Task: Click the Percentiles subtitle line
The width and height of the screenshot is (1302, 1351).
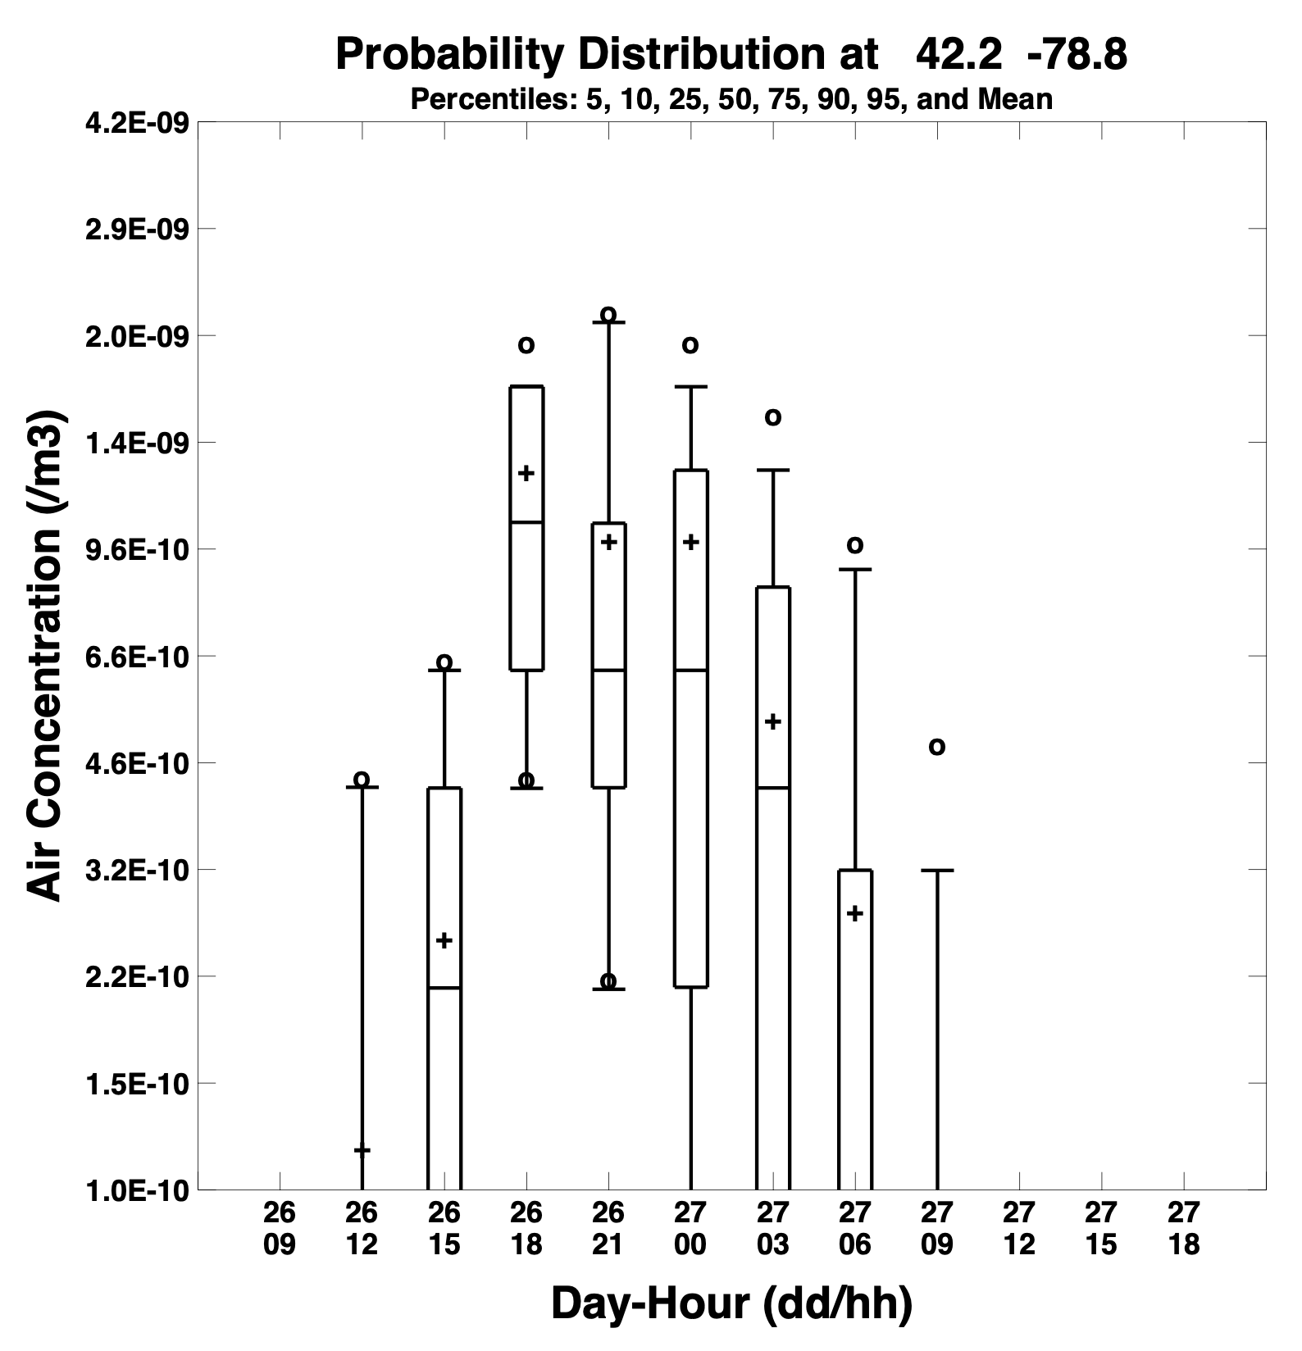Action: click(x=731, y=100)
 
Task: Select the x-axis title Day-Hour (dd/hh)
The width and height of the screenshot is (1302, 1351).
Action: click(x=731, y=1303)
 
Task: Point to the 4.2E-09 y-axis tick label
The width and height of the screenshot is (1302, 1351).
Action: click(x=137, y=123)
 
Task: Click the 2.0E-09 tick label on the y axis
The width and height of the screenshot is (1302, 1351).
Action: click(x=137, y=336)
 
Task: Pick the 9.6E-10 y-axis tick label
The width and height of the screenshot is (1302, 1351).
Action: click(x=137, y=549)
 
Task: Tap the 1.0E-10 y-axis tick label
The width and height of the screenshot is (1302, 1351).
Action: click(x=137, y=1190)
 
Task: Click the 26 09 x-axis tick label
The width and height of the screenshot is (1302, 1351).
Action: click(x=280, y=1228)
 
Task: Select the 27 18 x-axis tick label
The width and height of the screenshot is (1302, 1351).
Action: click(x=1183, y=1228)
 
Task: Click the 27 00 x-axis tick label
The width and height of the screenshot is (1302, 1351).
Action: click(x=690, y=1228)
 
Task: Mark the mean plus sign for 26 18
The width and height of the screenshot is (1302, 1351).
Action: click(x=526, y=473)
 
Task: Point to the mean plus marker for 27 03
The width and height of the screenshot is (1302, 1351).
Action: click(x=772, y=721)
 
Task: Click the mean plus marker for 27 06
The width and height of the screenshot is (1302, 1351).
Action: click(x=854, y=913)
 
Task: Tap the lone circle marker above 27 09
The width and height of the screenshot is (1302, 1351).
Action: click(x=936, y=747)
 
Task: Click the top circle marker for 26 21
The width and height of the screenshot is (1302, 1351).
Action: click(x=608, y=315)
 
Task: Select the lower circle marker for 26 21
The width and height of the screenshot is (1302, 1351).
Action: click(x=608, y=981)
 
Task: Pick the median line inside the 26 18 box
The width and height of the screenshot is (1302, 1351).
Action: click(x=526, y=522)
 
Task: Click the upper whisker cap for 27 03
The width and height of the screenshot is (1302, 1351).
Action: click(x=772, y=471)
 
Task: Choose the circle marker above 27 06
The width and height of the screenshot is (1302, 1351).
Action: click(x=854, y=545)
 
